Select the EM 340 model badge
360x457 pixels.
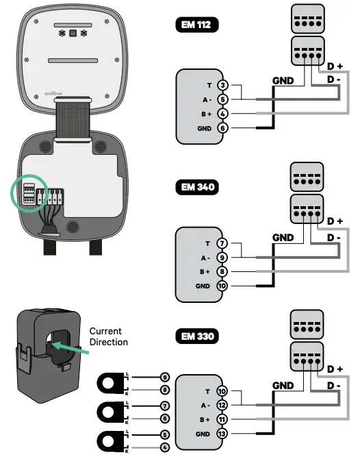pyautogui.click(x=197, y=187)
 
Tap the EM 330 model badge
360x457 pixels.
pyautogui.click(x=197, y=336)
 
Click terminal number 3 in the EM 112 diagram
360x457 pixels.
pyautogui.click(x=222, y=86)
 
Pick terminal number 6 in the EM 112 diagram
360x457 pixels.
pyautogui.click(x=222, y=127)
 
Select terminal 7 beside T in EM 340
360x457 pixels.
pyautogui.click(x=222, y=243)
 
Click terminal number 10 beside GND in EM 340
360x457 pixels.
pyautogui.click(x=222, y=286)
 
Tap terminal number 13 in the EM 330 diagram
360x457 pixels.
pyautogui.click(x=222, y=434)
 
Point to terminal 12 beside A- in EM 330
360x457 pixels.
pyautogui.click(x=222, y=405)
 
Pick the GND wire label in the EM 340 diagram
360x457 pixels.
pyautogui.click(x=283, y=237)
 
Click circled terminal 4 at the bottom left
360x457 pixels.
pyautogui.click(x=164, y=448)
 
